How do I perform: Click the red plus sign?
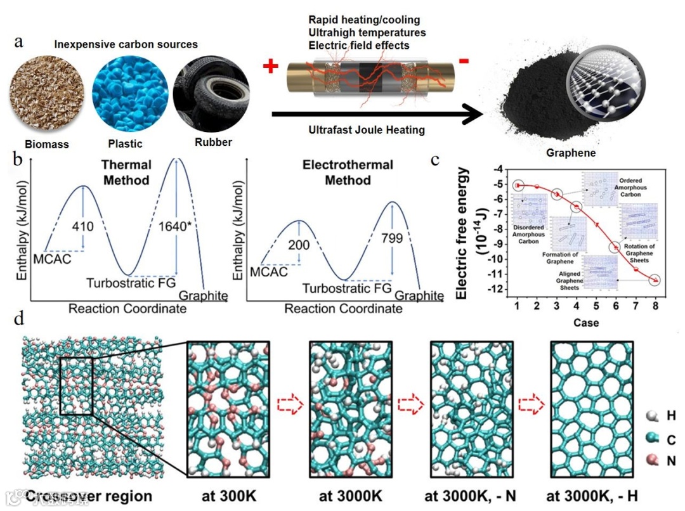pos(271,66)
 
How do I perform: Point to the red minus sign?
pos(464,61)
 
